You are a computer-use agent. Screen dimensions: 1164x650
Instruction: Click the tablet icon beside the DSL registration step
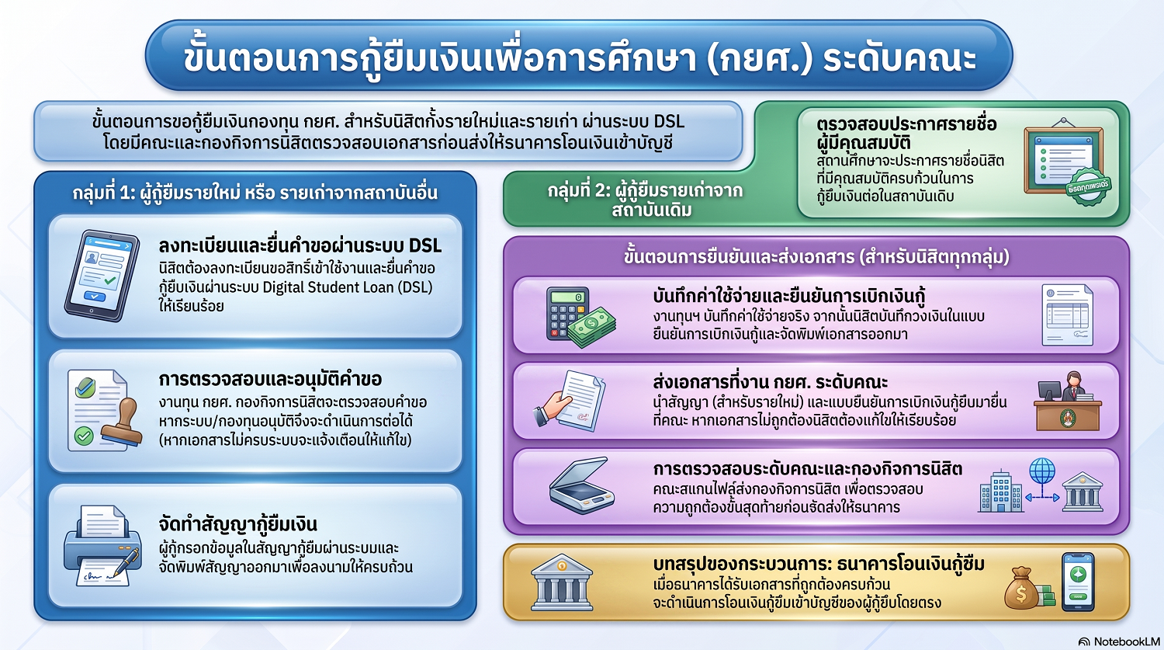(x=102, y=276)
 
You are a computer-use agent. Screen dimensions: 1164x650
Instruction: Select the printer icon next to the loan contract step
(x=102, y=546)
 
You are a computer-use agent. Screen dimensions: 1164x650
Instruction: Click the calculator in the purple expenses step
(x=567, y=314)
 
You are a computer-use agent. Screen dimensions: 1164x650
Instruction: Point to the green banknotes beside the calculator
(x=592, y=328)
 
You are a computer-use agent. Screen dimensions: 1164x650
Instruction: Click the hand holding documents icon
(x=570, y=401)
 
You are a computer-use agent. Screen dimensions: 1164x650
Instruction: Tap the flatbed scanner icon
(x=581, y=485)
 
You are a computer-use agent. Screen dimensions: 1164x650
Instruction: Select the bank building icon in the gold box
(x=562, y=582)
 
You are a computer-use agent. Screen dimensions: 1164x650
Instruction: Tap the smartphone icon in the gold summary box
(x=1078, y=582)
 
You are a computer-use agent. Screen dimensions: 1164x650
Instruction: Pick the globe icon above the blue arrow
(x=1042, y=471)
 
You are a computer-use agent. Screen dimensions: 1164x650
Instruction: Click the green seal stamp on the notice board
(x=1088, y=186)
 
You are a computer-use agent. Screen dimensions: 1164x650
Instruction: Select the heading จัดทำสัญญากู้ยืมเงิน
(x=237, y=524)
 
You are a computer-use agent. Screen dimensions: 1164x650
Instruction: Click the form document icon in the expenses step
(x=1067, y=315)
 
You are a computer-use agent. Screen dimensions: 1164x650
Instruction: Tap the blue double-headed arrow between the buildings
(x=1042, y=498)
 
